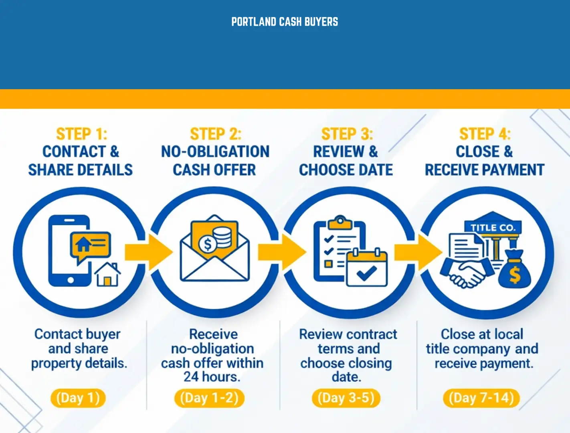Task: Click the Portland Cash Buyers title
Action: tap(285, 22)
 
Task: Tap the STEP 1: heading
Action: tap(81, 134)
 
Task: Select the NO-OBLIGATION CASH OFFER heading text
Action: tap(215, 160)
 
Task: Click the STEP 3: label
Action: tap(347, 134)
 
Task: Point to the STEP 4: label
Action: tap(485, 134)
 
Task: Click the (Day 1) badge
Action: tap(78, 398)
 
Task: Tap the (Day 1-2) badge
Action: tap(209, 398)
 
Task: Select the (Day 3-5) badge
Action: tap(346, 398)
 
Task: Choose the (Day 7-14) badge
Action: tap(481, 398)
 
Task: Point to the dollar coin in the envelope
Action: tap(208, 244)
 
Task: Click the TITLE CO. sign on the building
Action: tap(493, 227)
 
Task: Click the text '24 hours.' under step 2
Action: tap(212, 377)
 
